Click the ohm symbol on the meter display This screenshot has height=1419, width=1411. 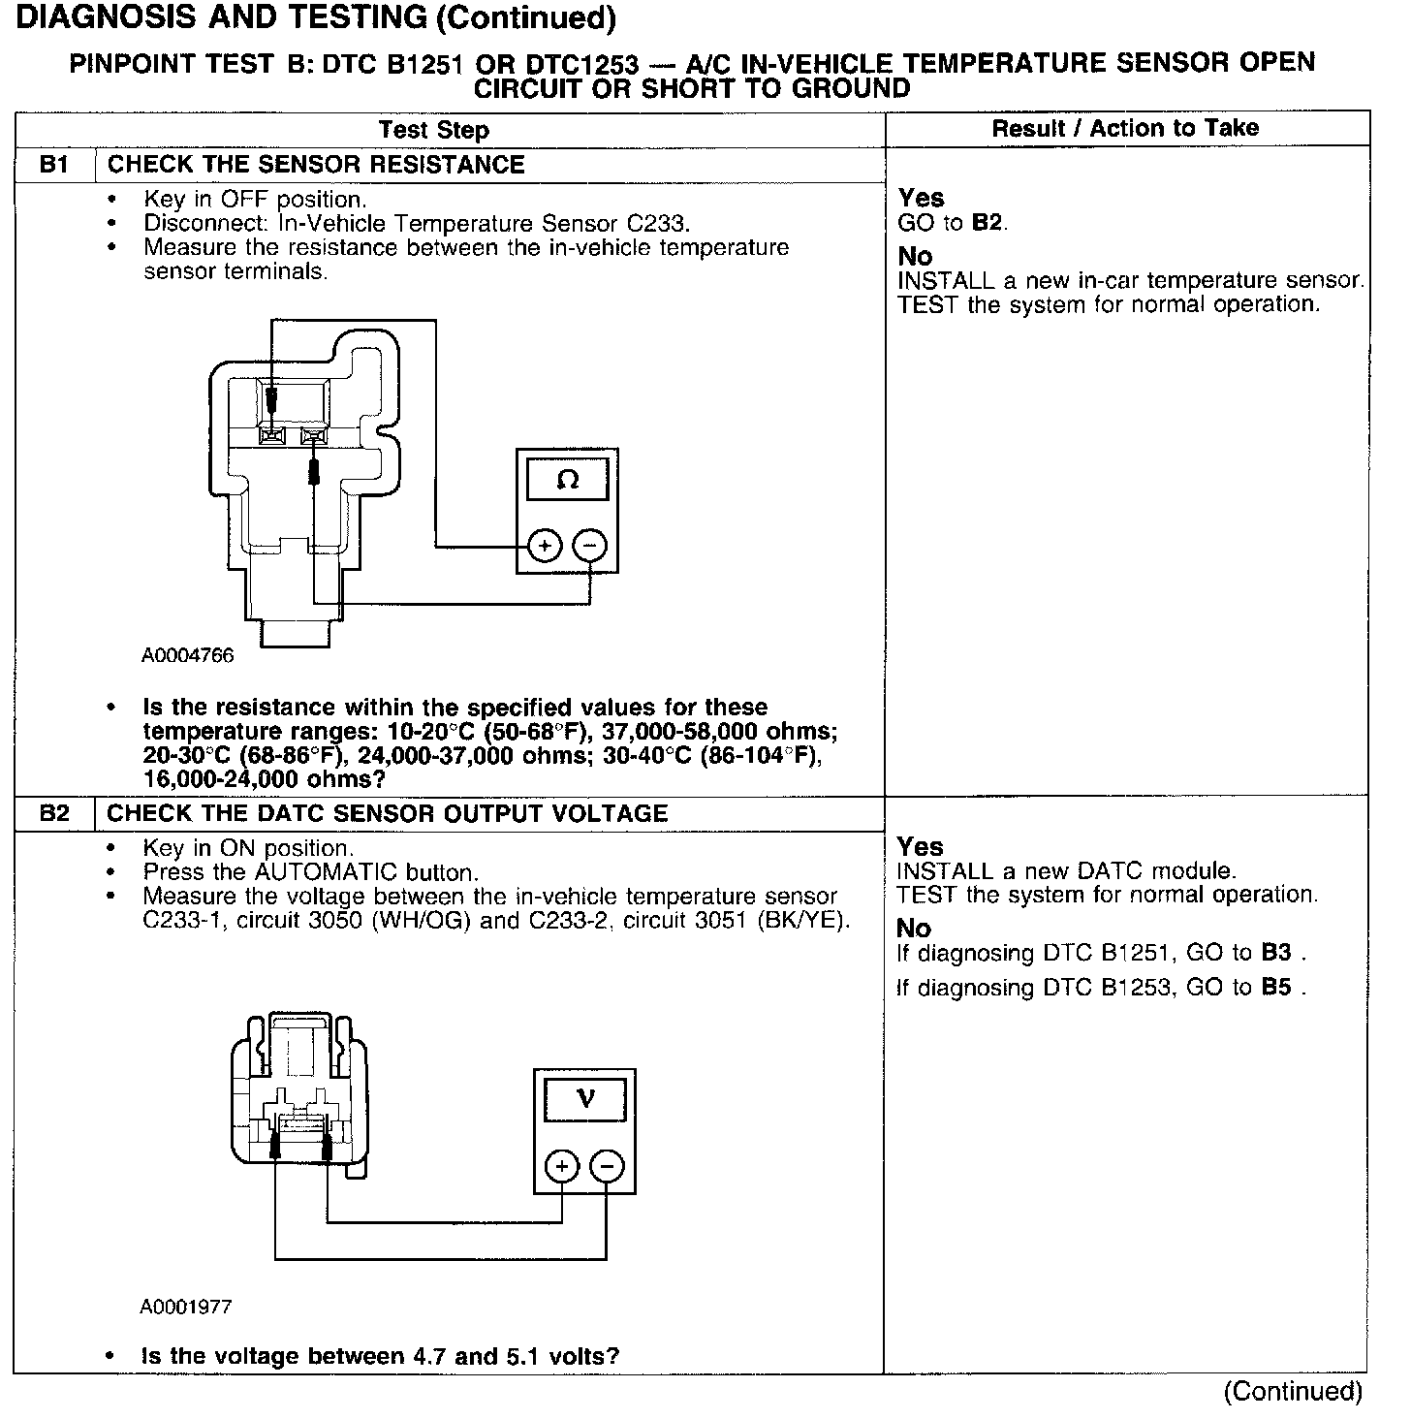point(568,481)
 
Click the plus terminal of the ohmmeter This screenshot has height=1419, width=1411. point(545,546)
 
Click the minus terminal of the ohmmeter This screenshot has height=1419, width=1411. point(590,546)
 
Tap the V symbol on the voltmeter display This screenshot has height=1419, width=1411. point(585,1099)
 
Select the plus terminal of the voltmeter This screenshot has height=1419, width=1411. point(562,1166)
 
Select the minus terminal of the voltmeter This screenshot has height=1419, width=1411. point(607,1166)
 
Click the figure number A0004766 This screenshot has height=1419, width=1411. point(187,656)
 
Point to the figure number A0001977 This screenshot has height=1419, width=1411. point(186,1308)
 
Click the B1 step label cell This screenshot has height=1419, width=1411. point(54,165)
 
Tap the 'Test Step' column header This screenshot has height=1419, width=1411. point(433,130)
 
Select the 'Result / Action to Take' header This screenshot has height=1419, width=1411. point(1125,128)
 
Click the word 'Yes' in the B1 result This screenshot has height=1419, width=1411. point(921,199)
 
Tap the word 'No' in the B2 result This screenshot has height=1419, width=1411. point(914,929)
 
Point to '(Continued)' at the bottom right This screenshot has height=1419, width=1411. point(1293,1392)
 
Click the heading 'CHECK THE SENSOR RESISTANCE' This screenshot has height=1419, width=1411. point(316,165)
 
